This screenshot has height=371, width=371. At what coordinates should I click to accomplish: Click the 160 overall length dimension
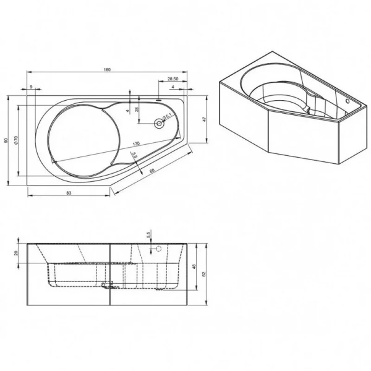(108, 69)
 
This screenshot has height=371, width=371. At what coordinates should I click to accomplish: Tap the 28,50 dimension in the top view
(173, 80)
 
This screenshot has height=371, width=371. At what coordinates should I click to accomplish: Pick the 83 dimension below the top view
(69, 193)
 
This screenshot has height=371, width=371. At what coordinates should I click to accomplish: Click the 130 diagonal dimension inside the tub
(135, 144)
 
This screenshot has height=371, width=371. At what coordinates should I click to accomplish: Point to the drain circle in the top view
(160, 123)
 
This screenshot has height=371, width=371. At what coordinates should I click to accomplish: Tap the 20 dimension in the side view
(16, 252)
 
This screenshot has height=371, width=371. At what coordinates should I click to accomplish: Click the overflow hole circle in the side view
(157, 249)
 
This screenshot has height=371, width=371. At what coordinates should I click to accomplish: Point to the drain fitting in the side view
(109, 285)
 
